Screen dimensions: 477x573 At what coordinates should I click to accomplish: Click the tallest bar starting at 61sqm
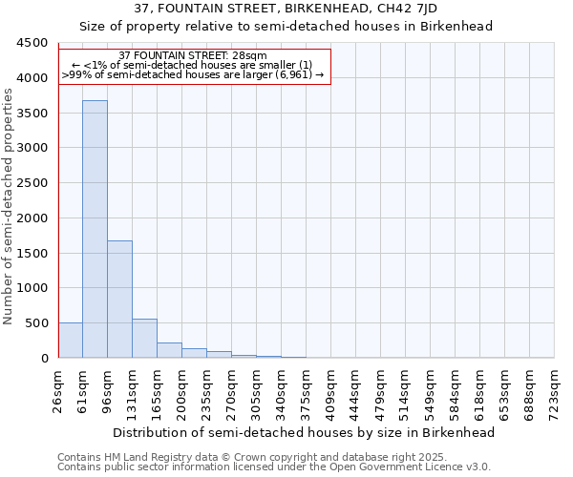tap(95, 229)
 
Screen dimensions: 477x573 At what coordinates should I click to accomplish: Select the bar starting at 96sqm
tap(119, 299)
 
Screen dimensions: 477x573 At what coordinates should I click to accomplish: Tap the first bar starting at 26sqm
tap(70, 341)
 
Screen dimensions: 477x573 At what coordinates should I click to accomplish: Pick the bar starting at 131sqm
tap(144, 339)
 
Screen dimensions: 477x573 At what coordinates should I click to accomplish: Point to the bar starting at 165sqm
tap(169, 350)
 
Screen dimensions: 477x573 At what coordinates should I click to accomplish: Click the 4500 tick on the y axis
tap(32, 43)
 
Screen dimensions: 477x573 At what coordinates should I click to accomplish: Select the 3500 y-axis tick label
tap(32, 114)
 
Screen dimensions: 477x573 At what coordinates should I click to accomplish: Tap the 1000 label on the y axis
tap(32, 288)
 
